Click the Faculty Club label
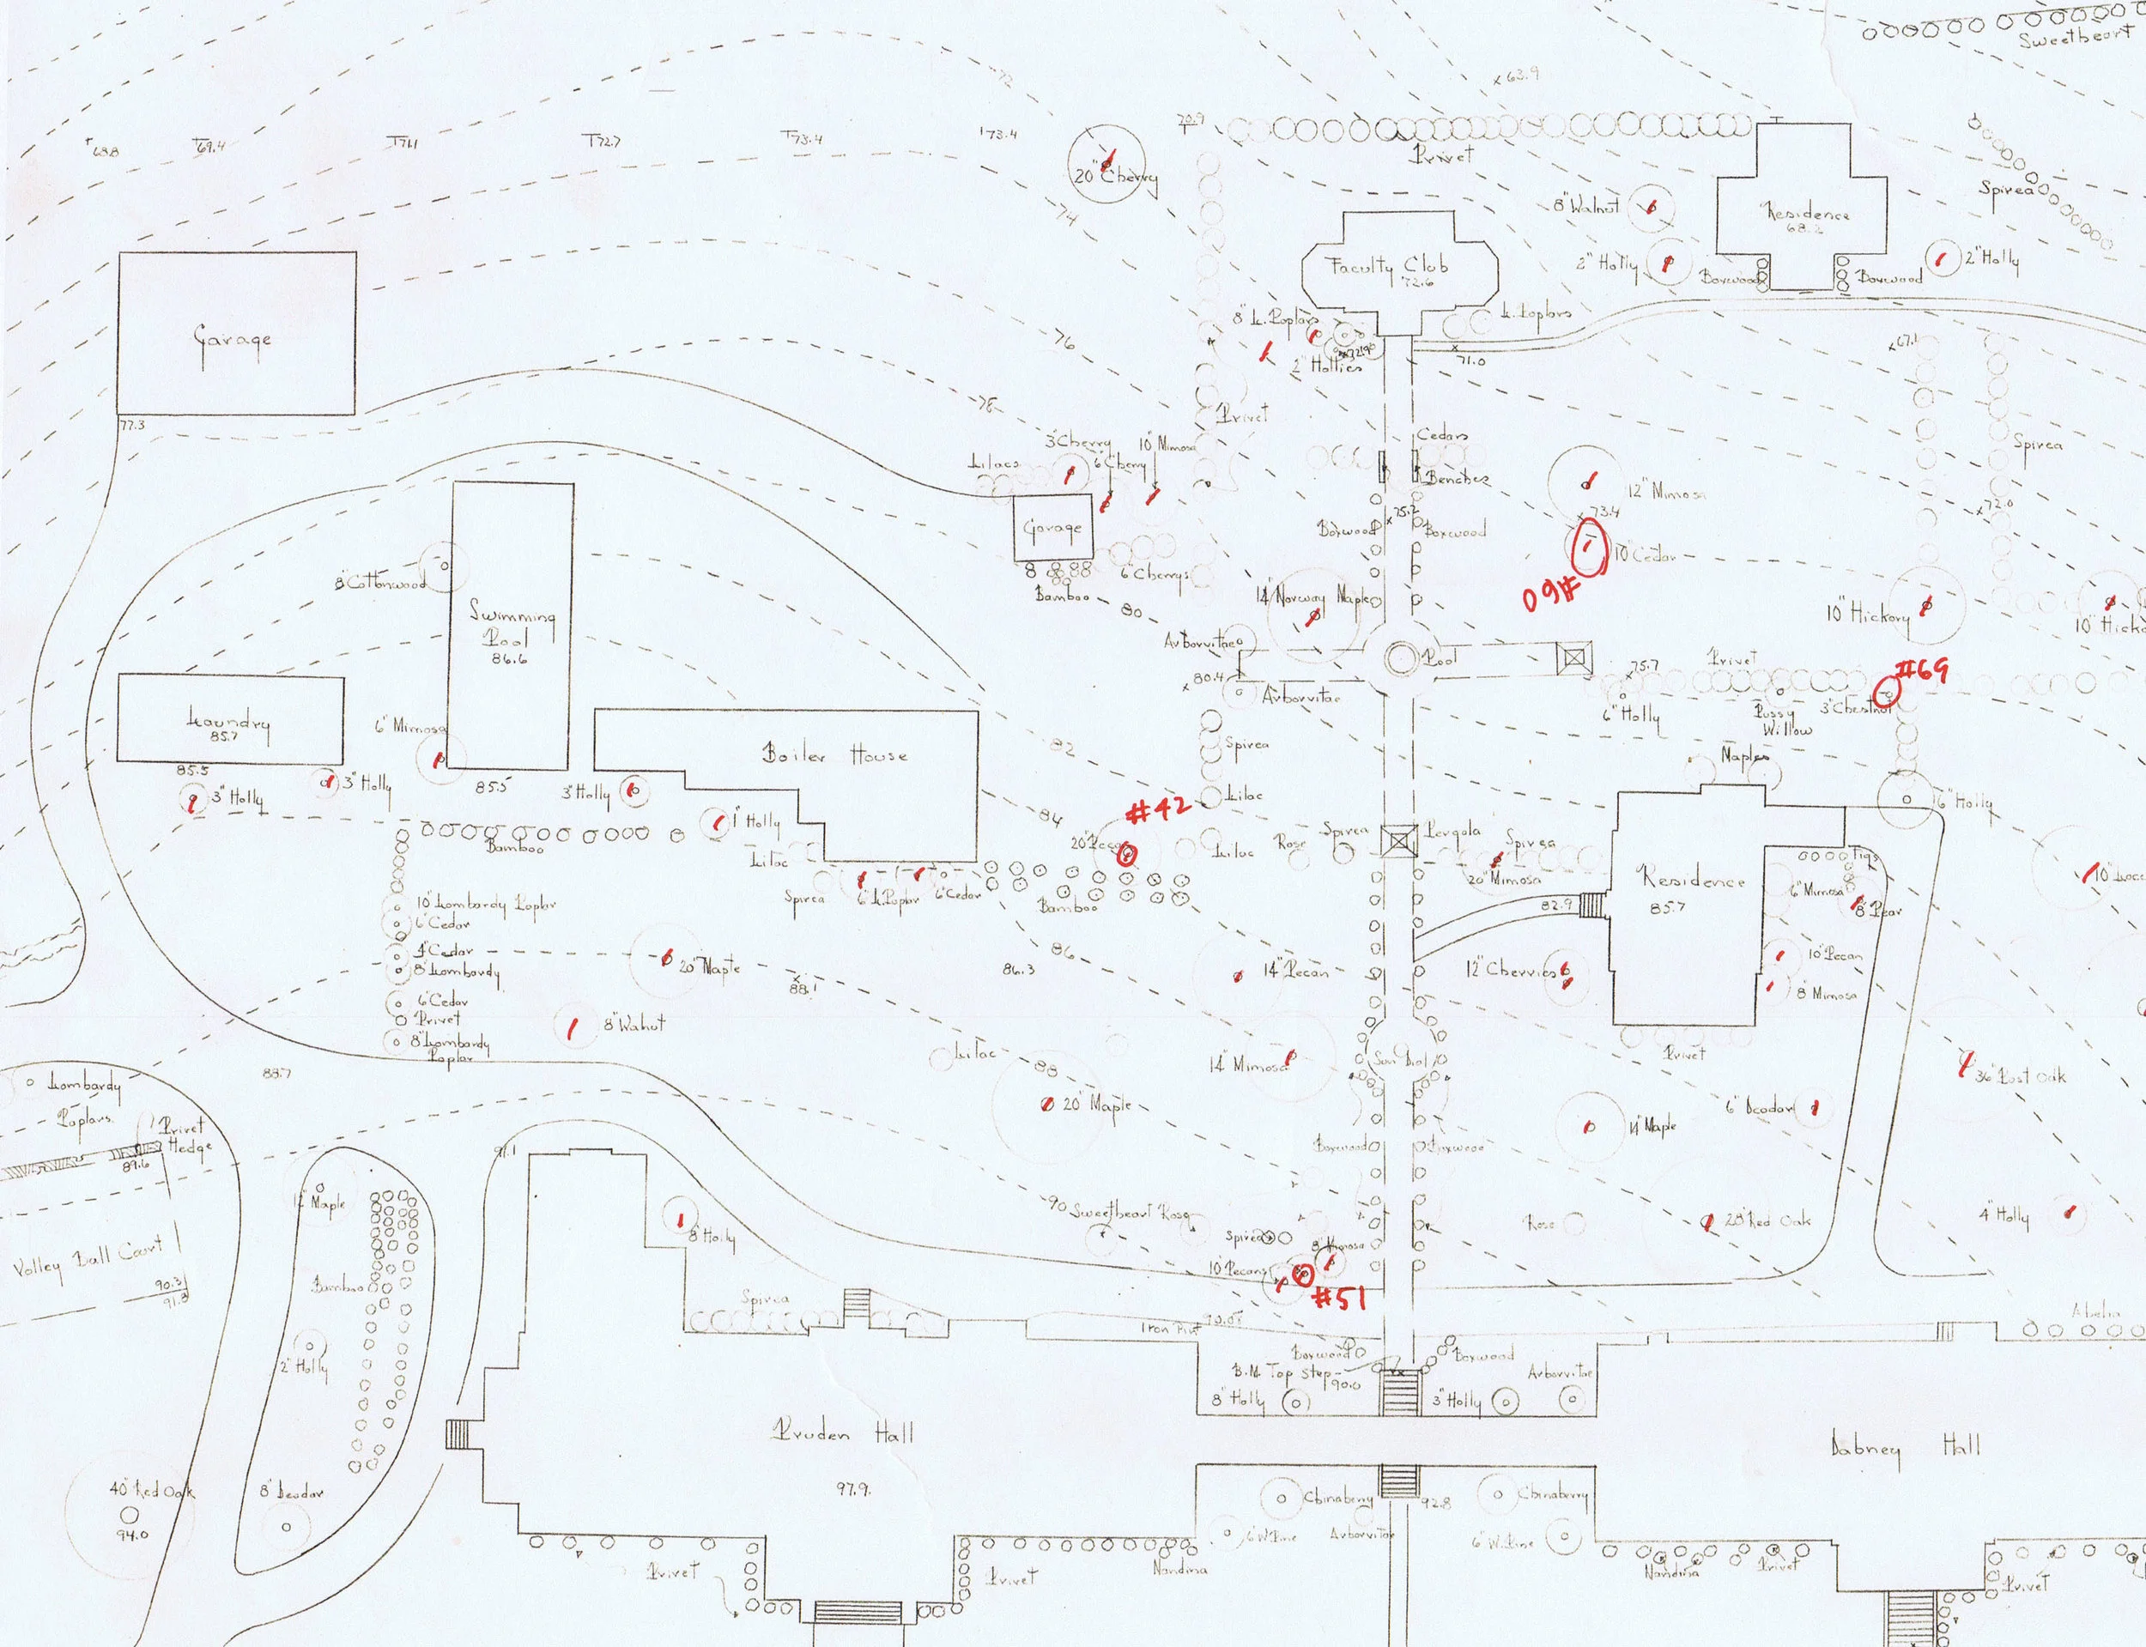(x=1400, y=264)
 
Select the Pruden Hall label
(x=842, y=1434)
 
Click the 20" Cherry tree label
(x=1115, y=177)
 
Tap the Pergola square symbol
(x=1399, y=841)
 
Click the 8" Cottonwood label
(x=380, y=584)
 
